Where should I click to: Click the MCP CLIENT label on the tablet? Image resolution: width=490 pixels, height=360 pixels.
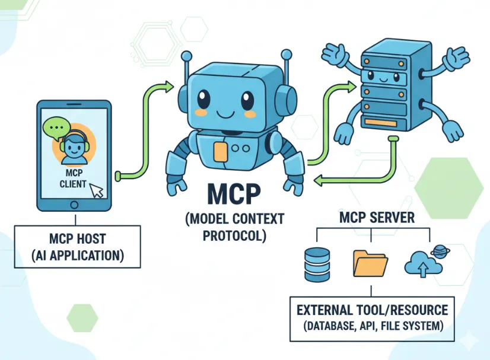73,177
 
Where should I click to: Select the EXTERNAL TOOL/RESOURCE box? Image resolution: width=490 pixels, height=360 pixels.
372,317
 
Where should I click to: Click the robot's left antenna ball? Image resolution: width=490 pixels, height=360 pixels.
187,56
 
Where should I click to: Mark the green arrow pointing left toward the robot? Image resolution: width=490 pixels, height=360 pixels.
350,178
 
